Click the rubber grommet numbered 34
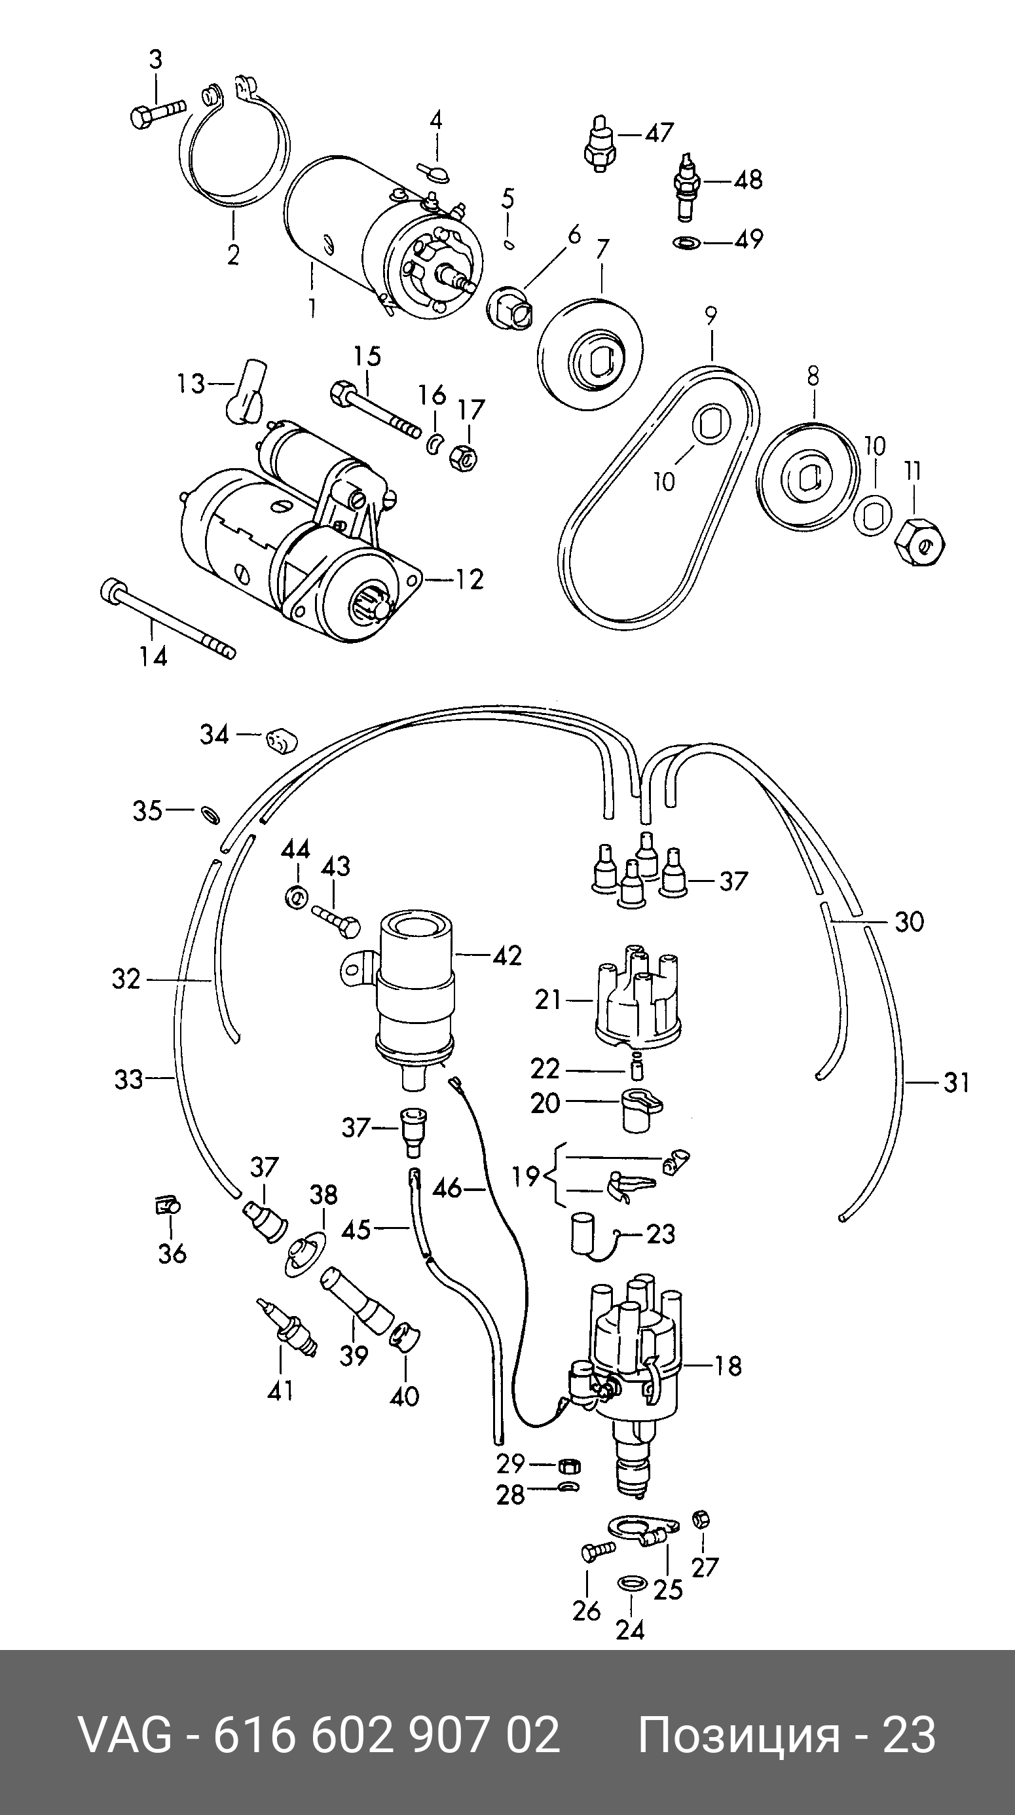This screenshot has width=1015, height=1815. pos(281,741)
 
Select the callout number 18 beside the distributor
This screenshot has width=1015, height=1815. pos(728,1367)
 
